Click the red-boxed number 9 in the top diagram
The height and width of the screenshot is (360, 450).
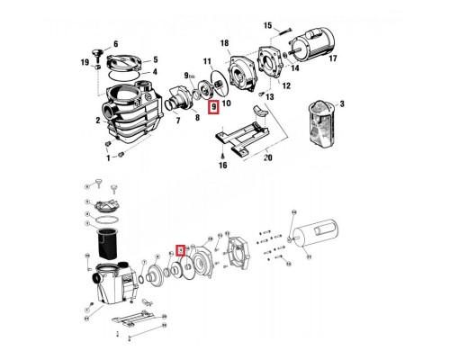[213, 107]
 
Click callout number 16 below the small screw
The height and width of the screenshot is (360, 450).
[221, 166]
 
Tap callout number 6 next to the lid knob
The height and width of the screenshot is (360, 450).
[115, 43]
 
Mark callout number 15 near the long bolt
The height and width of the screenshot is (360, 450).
[265, 24]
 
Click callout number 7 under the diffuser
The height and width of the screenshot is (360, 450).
[178, 120]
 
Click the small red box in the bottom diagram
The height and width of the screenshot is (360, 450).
[181, 252]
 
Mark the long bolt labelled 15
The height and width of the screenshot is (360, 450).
[285, 31]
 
